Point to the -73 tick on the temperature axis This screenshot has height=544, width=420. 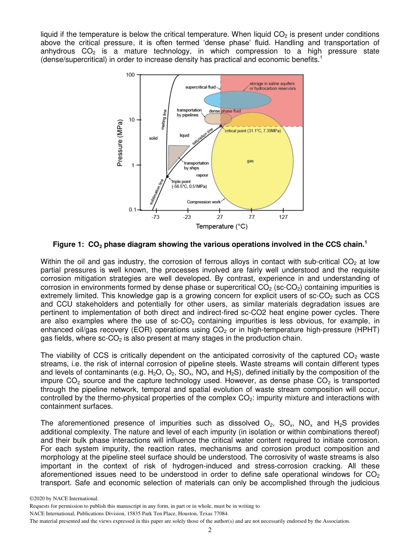pos(155,217)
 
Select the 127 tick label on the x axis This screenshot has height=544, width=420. pos(283,217)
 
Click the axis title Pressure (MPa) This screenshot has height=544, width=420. pos(120,143)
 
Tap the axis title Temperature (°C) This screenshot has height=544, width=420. pos(221,226)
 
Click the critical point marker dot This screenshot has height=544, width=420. pos(221,126)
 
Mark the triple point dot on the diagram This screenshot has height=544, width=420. pos(167,176)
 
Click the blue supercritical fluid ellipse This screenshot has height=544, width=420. pos(237,100)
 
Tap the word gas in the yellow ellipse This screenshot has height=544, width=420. pos(250,161)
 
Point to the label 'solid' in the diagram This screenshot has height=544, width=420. pos(153,138)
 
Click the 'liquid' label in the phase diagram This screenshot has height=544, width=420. pos(184,135)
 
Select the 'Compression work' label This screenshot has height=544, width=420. pos(203,202)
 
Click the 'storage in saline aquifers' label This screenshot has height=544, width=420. pos(271,84)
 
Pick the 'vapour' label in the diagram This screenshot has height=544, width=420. pos(202,175)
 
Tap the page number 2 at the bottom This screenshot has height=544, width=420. pos(210,529)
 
